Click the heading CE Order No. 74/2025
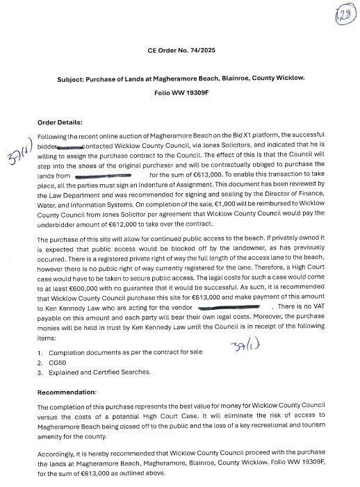click(x=180, y=51)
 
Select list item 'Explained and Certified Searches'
click(x=101, y=373)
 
